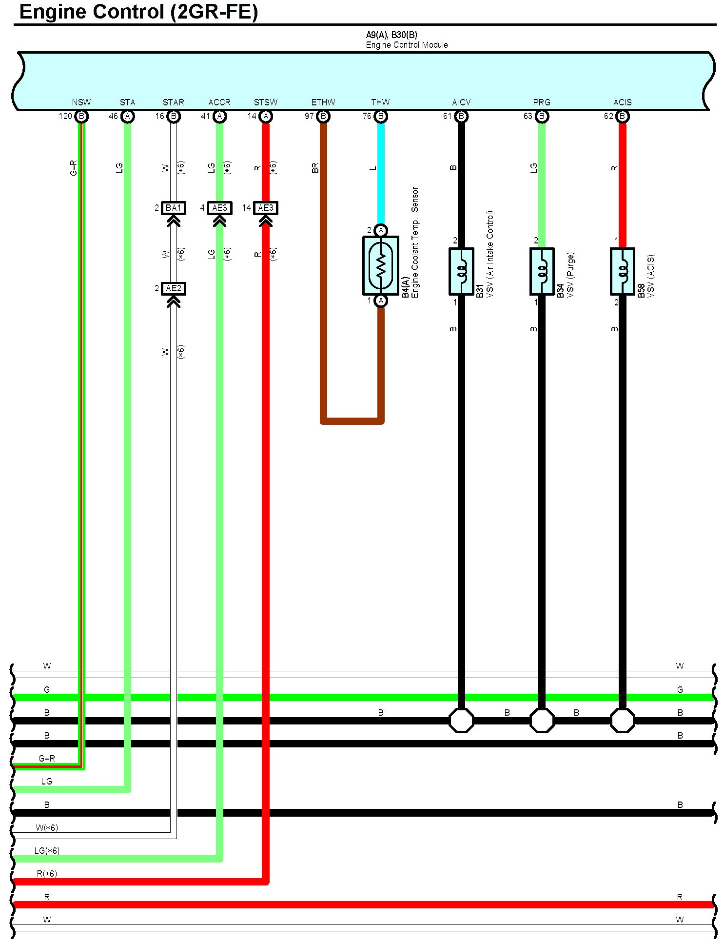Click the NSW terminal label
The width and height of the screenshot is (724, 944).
[81, 102]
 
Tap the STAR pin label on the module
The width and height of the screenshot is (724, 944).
[173, 102]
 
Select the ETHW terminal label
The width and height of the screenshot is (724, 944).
[323, 102]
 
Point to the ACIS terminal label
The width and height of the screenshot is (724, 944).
[622, 102]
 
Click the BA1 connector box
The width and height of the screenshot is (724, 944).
[173, 208]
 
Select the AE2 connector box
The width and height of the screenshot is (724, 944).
[173, 289]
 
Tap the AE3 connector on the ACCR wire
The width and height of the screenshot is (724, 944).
[219, 208]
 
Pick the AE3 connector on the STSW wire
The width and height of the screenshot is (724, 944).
[266, 208]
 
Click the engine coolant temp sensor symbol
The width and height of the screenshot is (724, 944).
[381, 265]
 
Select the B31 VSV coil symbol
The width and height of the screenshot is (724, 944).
[461, 271]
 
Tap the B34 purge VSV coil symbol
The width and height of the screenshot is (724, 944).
[542, 271]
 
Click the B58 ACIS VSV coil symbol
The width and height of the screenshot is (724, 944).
[622, 271]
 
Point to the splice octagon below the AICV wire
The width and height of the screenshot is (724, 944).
[461, 720]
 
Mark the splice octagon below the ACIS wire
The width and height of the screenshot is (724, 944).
[622, 720]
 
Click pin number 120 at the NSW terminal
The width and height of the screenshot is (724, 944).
[65, 116]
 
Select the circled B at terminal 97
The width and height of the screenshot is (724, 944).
[323, 116]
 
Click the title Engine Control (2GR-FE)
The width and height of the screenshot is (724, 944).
[138, 12]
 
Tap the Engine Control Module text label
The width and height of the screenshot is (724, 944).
[407, 45]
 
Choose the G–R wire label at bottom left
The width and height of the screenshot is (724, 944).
[47, 758]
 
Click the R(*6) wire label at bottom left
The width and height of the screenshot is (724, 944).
[47, 873]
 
